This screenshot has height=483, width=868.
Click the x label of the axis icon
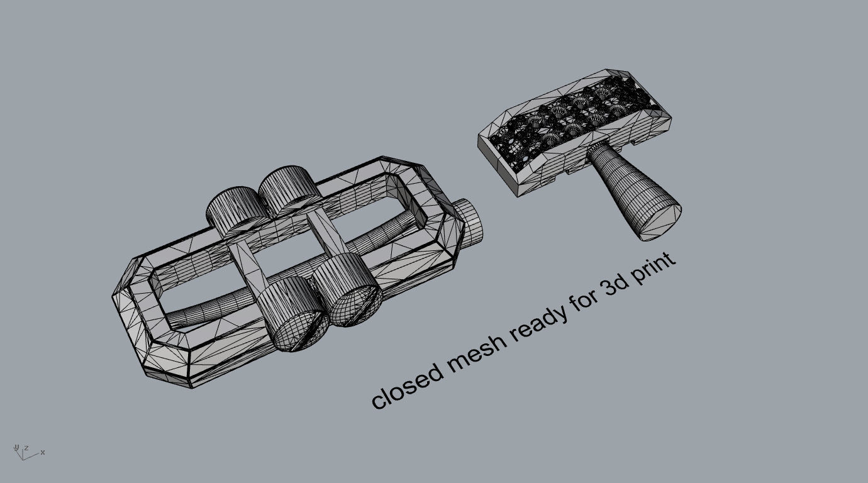43,452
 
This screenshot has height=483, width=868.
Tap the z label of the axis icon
26,448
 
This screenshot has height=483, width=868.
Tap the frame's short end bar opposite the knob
135,302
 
